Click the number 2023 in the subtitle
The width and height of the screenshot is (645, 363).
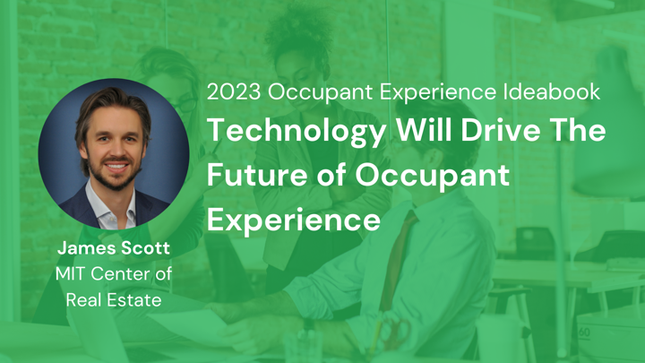[x=234, y=91]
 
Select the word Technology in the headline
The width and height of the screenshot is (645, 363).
[x=297, y=132]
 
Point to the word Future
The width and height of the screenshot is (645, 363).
[x=257, y=175]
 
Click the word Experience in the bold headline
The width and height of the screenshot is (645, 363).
[x=293, y=220]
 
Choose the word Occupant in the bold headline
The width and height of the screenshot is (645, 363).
[x=433, y=177]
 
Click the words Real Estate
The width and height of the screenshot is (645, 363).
[x=114, y=300]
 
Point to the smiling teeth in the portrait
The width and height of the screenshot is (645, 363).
[x=116, y=166]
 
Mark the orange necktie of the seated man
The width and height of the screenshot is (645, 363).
[x=397, y=259]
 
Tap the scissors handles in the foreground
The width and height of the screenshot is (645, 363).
[x=396, y=329]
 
